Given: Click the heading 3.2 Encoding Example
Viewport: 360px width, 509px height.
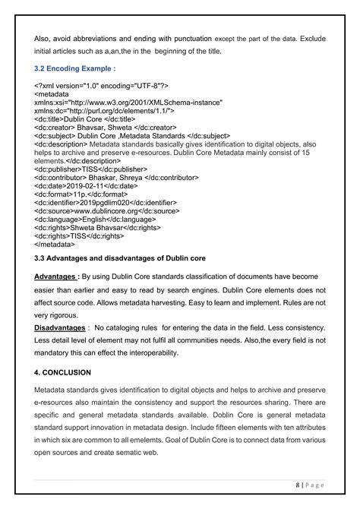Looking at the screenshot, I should point(72,68).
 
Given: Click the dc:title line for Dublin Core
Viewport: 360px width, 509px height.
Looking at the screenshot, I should point(85,119).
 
